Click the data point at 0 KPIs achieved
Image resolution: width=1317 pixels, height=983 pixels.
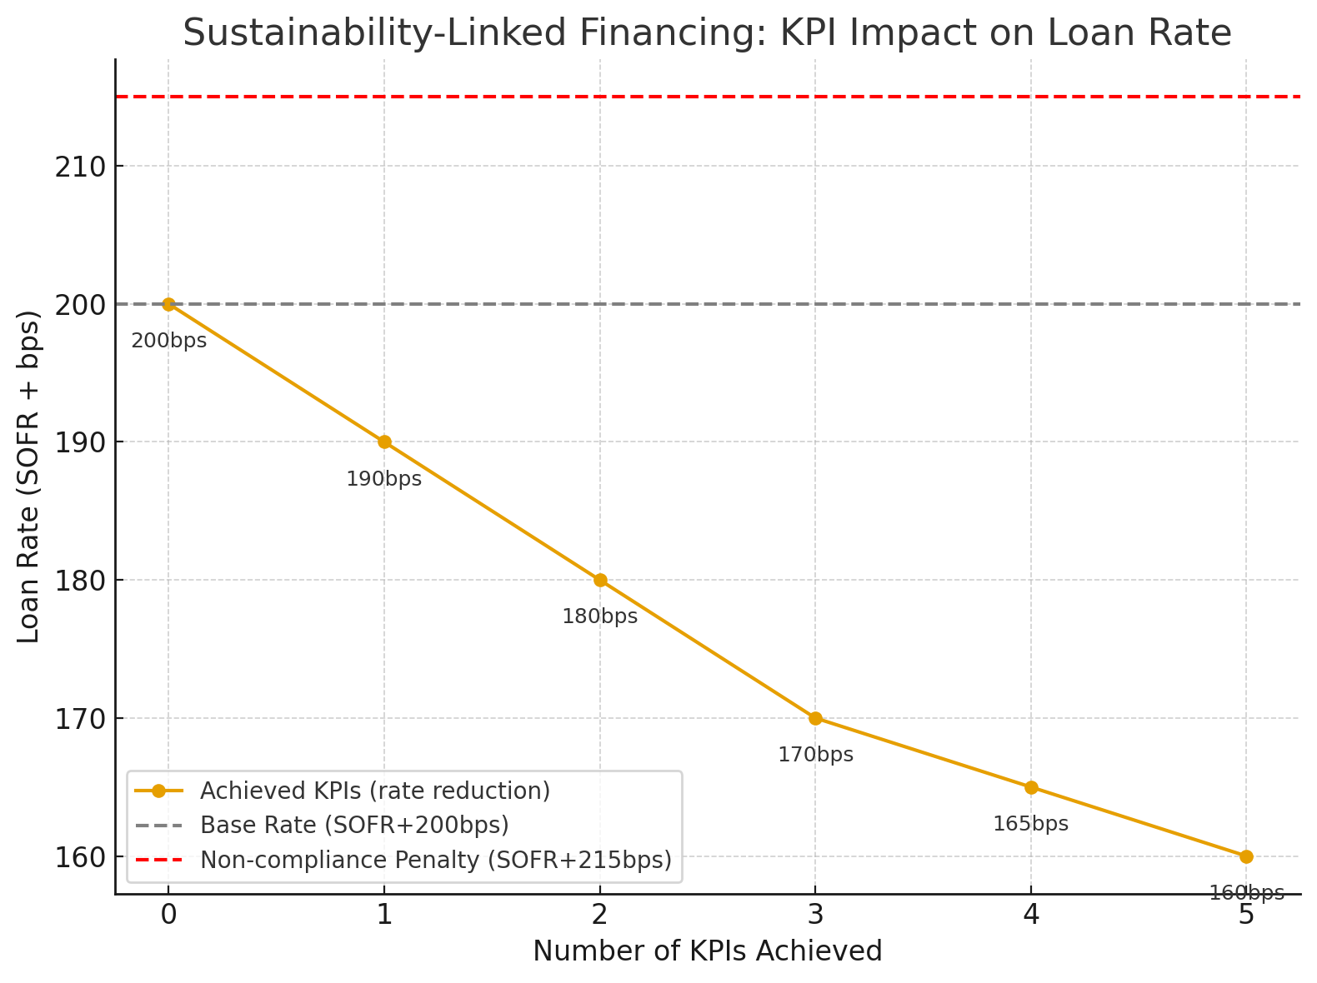(168, 304)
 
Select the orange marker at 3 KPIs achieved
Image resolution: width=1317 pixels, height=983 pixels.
(815, 718)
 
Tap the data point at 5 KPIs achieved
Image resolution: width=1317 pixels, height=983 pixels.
(1246, 856)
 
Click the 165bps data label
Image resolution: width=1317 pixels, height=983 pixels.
(1030, 824)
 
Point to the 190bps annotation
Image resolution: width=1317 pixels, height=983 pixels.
(384, 479)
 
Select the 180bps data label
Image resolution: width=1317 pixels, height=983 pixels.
(599, 616)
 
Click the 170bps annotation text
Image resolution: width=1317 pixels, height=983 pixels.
(815, 755)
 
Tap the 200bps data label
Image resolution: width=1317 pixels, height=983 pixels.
(168, 341)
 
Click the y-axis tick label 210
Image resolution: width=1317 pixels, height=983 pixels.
(81, 167)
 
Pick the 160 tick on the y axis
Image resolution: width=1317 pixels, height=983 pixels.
(81, 857)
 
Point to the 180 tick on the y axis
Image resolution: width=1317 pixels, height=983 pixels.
(81, 581)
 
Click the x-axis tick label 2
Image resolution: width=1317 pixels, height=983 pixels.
(599, 916)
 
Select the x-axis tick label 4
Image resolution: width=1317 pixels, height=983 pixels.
(1030, 916)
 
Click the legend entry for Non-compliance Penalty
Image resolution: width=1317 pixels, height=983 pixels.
(435, 860)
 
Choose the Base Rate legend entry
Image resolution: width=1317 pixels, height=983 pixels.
(354, 825)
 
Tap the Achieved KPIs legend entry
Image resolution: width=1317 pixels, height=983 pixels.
(374, 790)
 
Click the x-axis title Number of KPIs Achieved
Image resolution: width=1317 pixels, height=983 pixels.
(707, 951)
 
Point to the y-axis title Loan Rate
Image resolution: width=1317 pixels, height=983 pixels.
(29, 477)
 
